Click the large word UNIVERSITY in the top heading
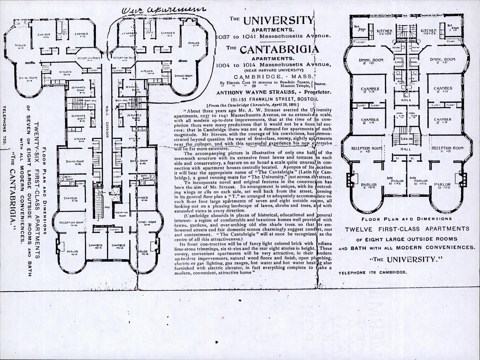coord(278,20)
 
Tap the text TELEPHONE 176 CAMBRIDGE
coord(372,273)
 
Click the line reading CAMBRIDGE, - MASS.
coord(274,77)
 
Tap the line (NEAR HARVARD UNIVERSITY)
coord(273,70)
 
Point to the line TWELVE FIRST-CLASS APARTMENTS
coord(407,229)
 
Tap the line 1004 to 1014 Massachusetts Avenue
coord(273,65)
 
